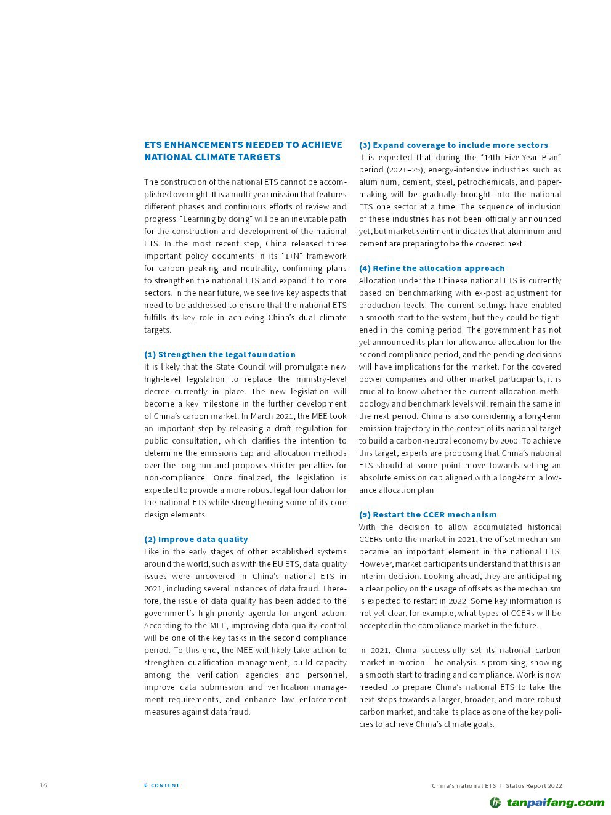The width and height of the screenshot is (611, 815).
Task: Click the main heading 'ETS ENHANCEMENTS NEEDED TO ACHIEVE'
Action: point(243,145)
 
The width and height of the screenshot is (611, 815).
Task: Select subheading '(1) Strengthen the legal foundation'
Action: point(220,354)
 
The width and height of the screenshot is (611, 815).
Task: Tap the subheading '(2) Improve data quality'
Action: point(196,539)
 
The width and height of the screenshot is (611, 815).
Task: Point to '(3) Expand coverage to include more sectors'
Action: point(453,145)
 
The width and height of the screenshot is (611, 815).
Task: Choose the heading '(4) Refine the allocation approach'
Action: point(432,268)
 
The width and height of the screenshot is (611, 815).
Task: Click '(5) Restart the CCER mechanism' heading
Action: point(427,514)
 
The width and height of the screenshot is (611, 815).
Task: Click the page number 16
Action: point(43,785)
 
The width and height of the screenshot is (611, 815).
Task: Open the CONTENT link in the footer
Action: point(162,785)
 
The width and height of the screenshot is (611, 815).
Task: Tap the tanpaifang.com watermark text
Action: point(556,802)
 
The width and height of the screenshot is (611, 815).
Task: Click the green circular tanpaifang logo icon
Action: point(495,802)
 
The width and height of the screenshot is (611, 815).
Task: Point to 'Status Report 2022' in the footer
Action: point(534,785)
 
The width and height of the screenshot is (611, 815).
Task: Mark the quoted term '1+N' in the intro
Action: point(292,256)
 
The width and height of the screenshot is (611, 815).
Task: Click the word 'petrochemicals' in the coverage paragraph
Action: point(485,182)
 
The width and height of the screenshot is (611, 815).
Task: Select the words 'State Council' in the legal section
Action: point(241,367)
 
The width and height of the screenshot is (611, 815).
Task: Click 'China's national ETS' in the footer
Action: point(463,785)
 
